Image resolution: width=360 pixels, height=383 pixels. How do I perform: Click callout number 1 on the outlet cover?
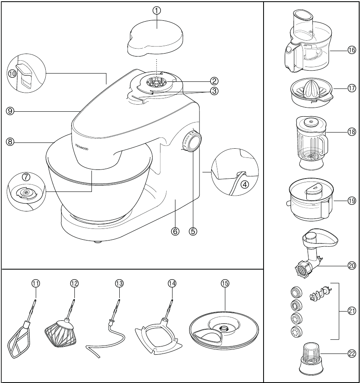coord(157,11)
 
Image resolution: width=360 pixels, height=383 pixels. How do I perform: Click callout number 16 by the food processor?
coord(352,50)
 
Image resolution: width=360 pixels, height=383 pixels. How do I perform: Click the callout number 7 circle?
coord(26,177)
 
